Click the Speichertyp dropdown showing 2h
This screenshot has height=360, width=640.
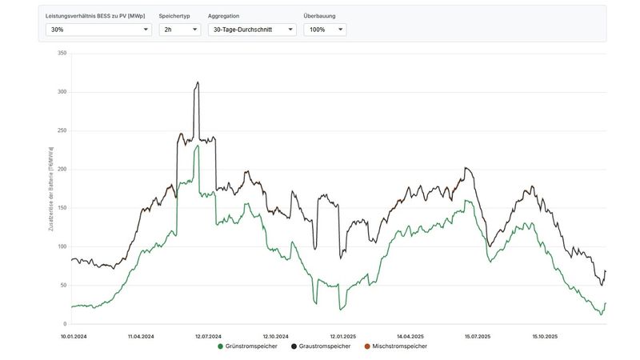coord(179,30)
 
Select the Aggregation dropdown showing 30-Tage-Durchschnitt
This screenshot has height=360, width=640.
coord(251,30)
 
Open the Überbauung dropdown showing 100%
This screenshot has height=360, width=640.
coord(325,30)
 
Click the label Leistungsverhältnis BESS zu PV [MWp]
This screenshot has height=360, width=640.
coord(96,16)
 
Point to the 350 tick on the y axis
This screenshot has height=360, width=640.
coord(62,54)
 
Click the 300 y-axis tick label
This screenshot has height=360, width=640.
coord(62,92)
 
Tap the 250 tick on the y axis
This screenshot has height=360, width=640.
coord(62,130)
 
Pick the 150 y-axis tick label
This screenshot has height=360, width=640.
coord(62,208)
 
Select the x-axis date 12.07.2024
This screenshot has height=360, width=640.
coord(208,336)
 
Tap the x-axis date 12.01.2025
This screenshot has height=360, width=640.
coord(342,336)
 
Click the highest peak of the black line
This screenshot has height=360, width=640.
coord(197,82)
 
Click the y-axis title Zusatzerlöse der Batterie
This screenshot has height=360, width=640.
coord(51,188)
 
